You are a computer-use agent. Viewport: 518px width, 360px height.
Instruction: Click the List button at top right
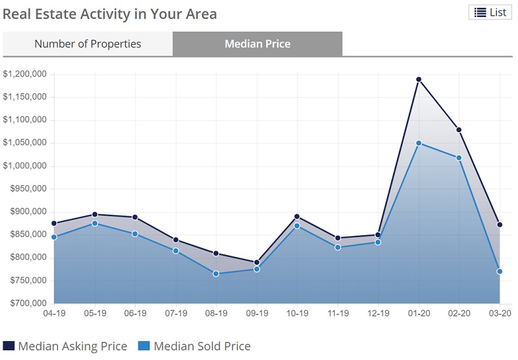(x=490, y=12)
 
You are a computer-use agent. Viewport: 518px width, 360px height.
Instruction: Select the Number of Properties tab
(x=87, y=44)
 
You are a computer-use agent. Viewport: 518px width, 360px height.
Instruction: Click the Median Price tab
(x=257, y=44)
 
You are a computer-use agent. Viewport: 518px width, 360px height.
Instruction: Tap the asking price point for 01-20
(x=419, y=80)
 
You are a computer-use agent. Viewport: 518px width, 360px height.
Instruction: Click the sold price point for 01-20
(x=419, y=143)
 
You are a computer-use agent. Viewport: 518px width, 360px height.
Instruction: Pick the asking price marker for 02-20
(x=459, y=129)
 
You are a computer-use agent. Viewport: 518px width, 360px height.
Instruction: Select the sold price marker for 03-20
(x=500, y=271)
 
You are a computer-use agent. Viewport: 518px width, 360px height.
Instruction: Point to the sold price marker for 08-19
(x=216, y=273)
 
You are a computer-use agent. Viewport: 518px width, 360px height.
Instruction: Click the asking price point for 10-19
(x=297, y=216)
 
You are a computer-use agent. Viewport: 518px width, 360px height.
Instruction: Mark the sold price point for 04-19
(x=54, y=237)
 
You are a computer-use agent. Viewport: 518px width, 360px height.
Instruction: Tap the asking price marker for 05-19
(x=95, y=214)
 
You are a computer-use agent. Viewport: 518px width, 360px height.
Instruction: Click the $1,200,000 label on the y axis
(x=25, y=74)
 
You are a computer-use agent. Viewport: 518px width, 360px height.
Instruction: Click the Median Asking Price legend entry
(x=72, y=346)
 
